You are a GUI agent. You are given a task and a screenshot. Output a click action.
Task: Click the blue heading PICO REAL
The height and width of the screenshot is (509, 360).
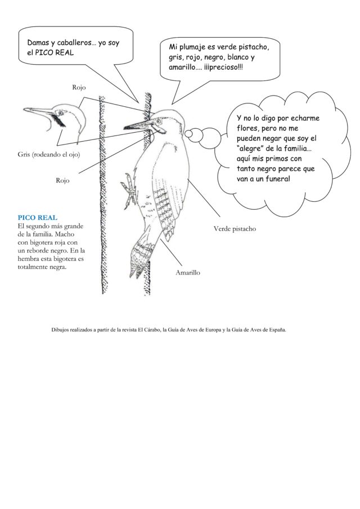click(x=37, y=217)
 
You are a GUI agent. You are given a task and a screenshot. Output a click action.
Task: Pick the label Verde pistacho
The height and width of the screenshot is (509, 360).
click(x=235, y=229)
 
